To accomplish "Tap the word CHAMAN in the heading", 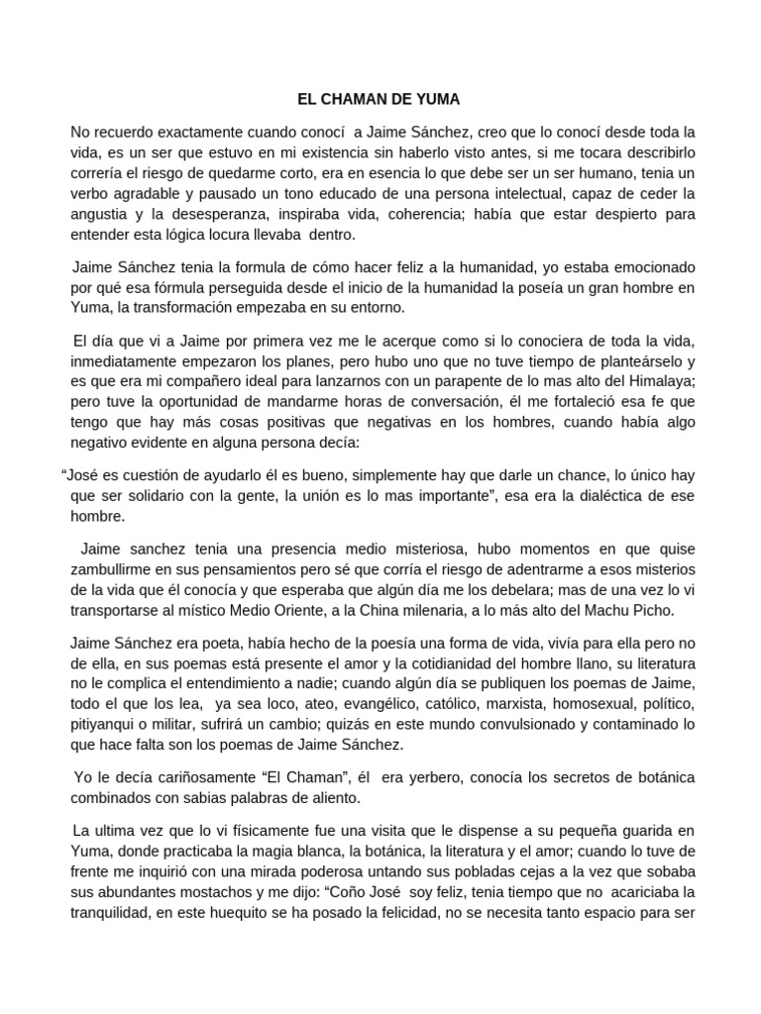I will click(350, 100).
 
